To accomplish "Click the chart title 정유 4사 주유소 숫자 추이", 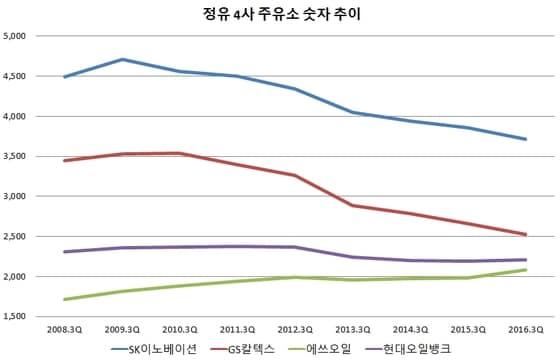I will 279,14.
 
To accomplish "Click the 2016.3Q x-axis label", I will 525,327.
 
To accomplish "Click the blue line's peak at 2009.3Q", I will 121,59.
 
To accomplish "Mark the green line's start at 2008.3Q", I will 63,299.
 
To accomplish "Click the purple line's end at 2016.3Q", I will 525,260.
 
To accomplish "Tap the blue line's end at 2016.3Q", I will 525,139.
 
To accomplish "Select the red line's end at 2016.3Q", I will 525,235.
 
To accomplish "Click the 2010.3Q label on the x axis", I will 179,327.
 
